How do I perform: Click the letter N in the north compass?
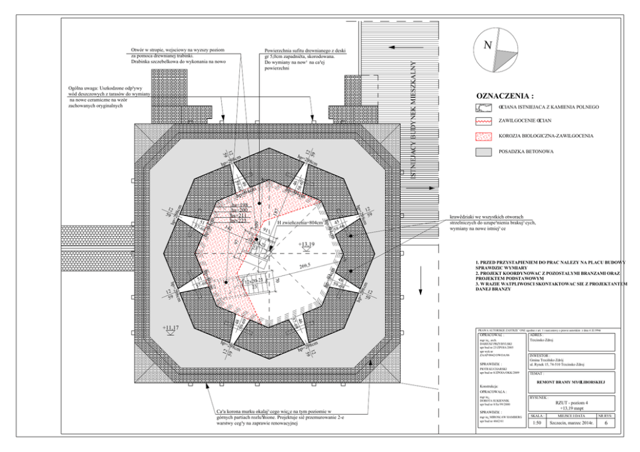(x=488, y=46)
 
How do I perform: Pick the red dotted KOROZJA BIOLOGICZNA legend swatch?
(x=483, y=136)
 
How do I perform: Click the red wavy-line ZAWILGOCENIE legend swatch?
(x=483, y=121)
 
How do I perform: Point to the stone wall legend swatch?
(x=483, y=106)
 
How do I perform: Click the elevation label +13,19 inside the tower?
(x=307, y=245)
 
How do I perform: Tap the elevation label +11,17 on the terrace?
(x=172, y=328)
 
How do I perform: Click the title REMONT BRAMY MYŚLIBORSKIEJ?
(x=571, y=382)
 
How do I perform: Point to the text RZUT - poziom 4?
(x=570, y=402)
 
